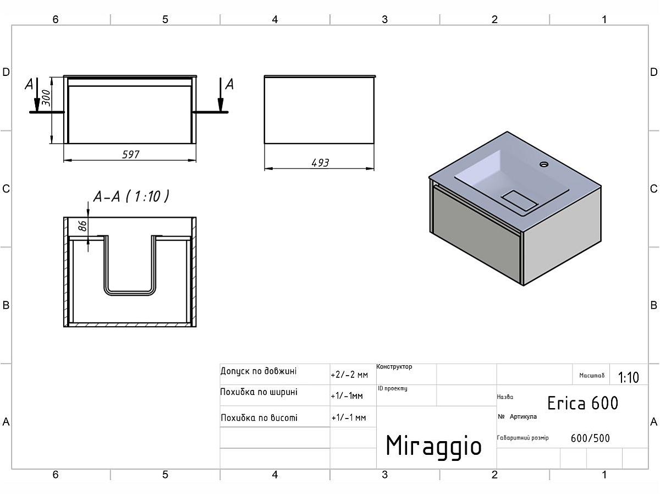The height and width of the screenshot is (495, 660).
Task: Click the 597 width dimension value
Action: coord(131,155)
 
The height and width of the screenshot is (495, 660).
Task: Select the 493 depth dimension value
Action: coord(320,163)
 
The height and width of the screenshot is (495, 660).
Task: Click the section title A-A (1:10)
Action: coord(131,196)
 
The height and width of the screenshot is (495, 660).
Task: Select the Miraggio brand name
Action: coord(433,445)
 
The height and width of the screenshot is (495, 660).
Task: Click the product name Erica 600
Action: coord(582,403)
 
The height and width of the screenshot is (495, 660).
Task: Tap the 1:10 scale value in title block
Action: coord(628,377)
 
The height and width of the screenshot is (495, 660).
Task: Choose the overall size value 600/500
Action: coord(590,438)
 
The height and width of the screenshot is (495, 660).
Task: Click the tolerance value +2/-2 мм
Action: coord(349,375)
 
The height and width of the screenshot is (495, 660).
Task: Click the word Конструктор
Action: coord(394,367)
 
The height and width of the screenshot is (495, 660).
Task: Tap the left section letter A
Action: coord(29,84)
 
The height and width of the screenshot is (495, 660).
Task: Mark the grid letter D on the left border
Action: coord(7,72)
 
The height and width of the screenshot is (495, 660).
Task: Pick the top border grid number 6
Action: coord(56,19)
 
